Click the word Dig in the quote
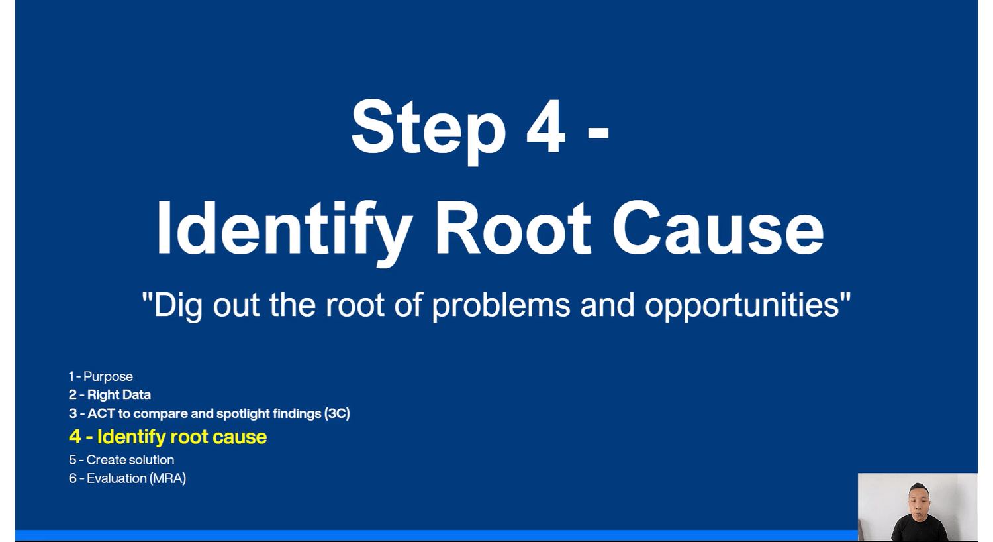tap(178, 306)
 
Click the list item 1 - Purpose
tap(101, 376)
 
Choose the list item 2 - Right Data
tap(110, 394)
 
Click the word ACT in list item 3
tap(101, 413)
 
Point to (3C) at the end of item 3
tap(337, 414)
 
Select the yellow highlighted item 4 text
tap(168, 437)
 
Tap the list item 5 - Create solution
tap(121, 459)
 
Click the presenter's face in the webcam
tap(918, 502)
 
